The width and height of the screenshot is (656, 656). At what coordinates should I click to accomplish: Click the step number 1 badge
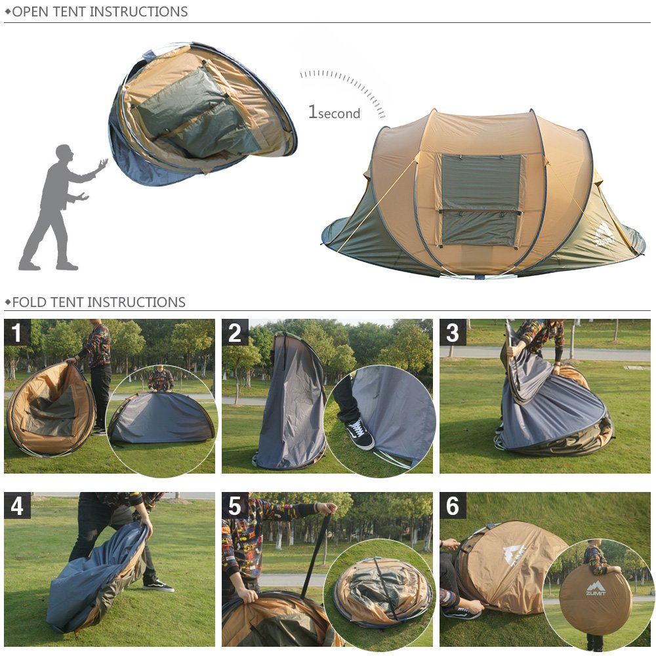[x=17, y=333]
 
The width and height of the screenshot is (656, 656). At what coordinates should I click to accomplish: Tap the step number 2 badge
[x=235, y=333]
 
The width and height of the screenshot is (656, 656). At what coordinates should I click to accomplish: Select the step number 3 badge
[x=453, y=333]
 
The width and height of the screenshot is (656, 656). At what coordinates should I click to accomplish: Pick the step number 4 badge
[x=17, y=505]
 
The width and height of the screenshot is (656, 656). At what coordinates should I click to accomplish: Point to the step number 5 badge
[x=235, y=505]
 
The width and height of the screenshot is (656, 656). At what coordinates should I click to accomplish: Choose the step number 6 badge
[x=453, y=505]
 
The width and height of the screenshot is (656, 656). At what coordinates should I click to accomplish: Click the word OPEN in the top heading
[x=31, y=12]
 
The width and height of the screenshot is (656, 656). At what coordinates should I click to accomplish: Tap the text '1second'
[x=334, y=112]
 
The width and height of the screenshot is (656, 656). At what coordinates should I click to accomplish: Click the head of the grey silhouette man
[x=64, y=154]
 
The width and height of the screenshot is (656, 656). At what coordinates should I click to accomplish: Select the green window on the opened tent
[x=481, y=199]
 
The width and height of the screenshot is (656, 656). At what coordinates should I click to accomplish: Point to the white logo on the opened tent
[x=604, y=234]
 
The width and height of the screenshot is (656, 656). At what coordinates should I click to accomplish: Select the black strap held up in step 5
[x=316, y=552]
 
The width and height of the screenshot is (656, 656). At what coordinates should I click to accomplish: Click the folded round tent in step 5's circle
[x=381, y=592]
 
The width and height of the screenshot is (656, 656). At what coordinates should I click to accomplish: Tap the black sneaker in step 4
[x=158, y=586]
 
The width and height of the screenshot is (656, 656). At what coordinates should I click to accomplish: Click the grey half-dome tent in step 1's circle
[x=161, y=417]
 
